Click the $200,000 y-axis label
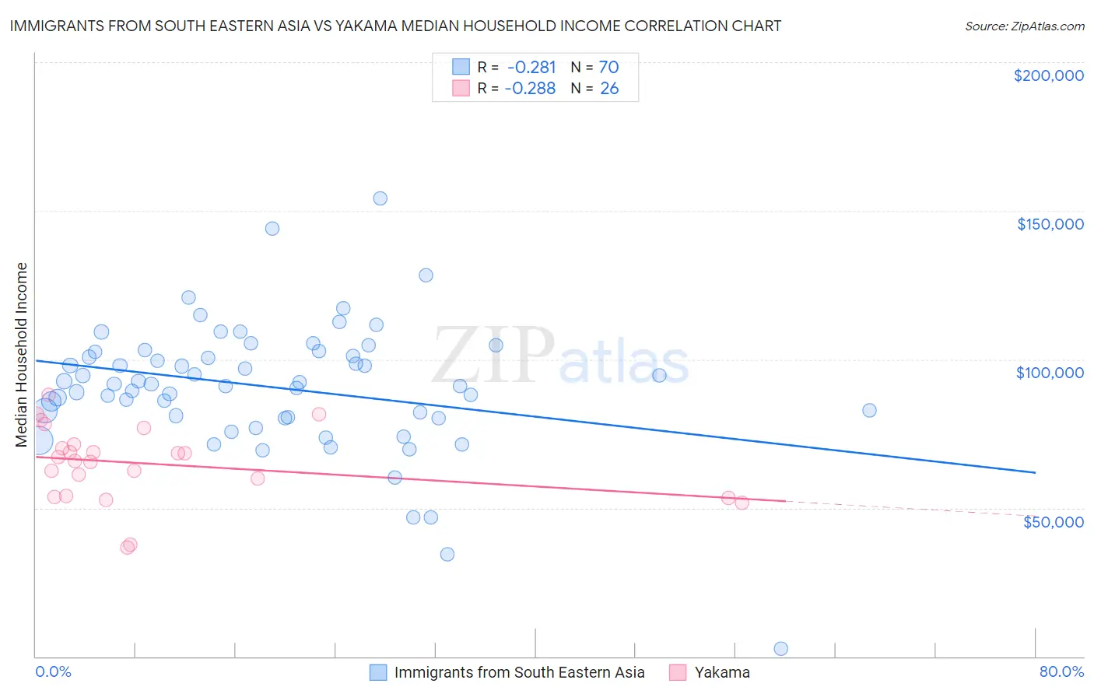click(x=1048, y=75)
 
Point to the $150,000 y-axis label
click(x=1050, y=224)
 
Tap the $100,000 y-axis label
click(x=1050, y=373)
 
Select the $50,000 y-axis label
click(x=1053, y=521)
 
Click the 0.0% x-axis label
click(x=53, y=671)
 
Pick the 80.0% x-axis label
click(x=1061, y=671)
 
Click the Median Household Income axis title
click(x=21, y=355)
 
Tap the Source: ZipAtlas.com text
click(x=1024, y=26)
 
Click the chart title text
click(x=395, y=26)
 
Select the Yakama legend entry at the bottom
click(x=721, y=672)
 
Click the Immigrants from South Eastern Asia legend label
click(x=519, y=672)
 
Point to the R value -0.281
click(x=531, y=68)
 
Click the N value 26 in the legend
click(x=609, y=89)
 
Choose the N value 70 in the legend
click(x=608, y=68)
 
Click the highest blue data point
click(x=380, y=198)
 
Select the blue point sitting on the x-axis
click(x=781, y=649)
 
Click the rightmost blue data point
click(x=869, y=410)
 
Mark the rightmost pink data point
click(x=742, y=503)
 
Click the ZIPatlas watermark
click(x=560, y=356)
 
